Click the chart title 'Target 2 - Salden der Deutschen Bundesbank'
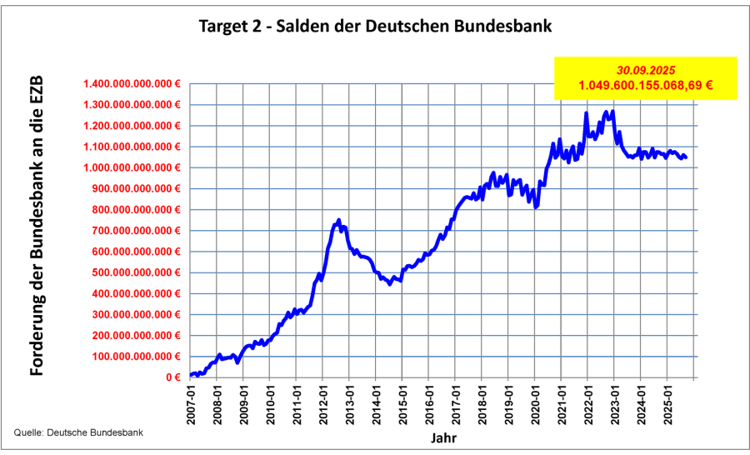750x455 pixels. coord(375,26)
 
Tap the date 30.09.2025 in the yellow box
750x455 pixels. coord(646,71)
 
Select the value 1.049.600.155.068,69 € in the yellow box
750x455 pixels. coord(646,86)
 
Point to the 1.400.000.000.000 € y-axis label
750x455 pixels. coord(132,84)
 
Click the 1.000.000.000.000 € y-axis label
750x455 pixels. coord(132,167)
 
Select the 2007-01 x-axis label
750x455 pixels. coord(191,402)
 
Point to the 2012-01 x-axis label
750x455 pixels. coord(324,402)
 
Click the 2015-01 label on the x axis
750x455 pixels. coord(403,402)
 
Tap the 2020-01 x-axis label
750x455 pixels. coord(536,402)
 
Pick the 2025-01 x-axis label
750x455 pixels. coord(668,402)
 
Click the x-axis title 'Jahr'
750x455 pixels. coord(442,437)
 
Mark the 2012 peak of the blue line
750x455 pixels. coord(338,220)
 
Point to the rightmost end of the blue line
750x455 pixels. coord(686,157)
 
